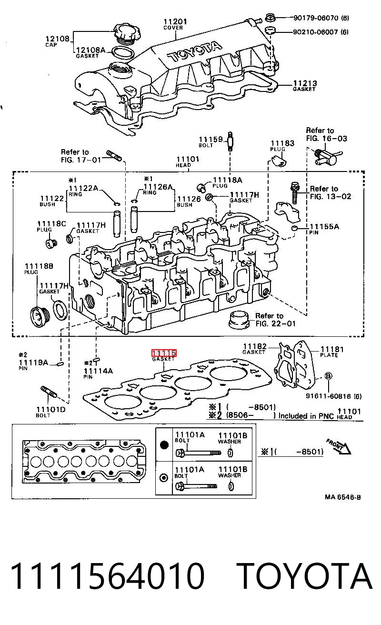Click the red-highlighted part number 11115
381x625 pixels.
coord(164,353)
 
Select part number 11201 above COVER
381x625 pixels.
coord(175,21)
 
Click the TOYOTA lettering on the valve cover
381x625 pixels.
coord(195,52)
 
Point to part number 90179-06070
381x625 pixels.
coord(316,18)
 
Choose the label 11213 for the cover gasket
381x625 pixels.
coord(305,83)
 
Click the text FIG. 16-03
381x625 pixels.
coord(326,139)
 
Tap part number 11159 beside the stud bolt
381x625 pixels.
coord(211,139)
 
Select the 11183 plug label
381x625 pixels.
coord(282,143)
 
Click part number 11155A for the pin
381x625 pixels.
coord(324,226)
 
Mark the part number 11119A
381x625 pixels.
coord(33,363)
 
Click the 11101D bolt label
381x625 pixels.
coord(50,409)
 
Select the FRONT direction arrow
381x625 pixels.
coord(339,446)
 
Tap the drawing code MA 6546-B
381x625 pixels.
coord(343,497)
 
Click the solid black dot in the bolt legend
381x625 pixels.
coord(164,445)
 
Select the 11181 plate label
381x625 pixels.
coord(332,349)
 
